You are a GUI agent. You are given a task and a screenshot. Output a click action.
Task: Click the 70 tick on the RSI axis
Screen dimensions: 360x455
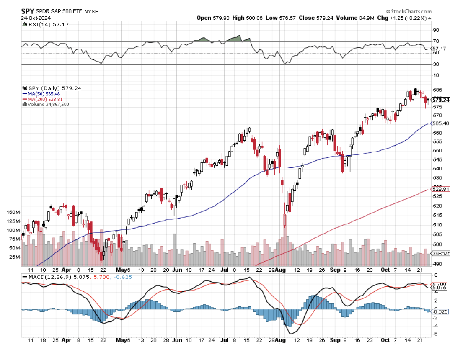point(436,41)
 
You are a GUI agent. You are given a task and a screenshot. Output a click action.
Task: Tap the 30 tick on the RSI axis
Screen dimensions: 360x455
point(436,64)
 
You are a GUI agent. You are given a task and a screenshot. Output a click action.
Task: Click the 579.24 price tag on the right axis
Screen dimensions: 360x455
point(441,100)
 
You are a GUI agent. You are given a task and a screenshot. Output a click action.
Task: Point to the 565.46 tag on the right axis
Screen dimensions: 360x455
point(441,123)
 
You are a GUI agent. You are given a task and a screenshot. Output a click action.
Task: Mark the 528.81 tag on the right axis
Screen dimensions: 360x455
point(441,189)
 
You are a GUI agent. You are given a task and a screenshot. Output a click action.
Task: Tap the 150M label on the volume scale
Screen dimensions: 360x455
point(13,213)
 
